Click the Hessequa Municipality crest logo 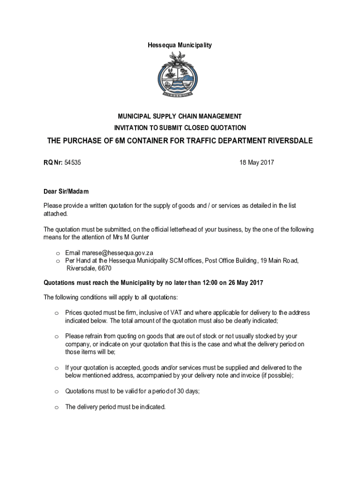click(180, 74)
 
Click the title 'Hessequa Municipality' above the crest click(180, 45)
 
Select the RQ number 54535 click(73, 163)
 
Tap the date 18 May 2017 click(256, 163)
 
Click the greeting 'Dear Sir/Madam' click(66, 192)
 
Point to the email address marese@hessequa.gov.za click(109, 253)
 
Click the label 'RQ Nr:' click(53, 163)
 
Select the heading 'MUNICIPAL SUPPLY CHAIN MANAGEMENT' click(180, 116)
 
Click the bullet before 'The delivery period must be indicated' click(56, 407)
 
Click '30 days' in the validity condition click(187, 392)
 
